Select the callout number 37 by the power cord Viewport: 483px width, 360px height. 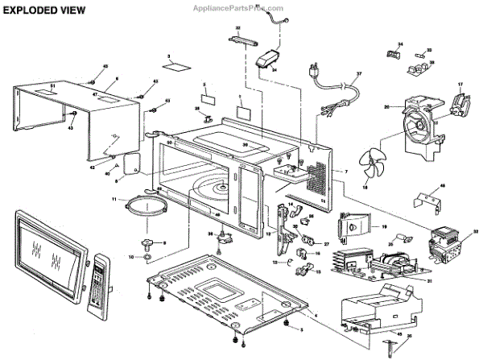[x=360, y=74]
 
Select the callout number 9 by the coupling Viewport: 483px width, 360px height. [x=164, y=242]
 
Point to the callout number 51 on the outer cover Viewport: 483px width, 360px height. [x=52, y=85]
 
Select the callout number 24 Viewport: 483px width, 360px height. [x=275, y=69]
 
